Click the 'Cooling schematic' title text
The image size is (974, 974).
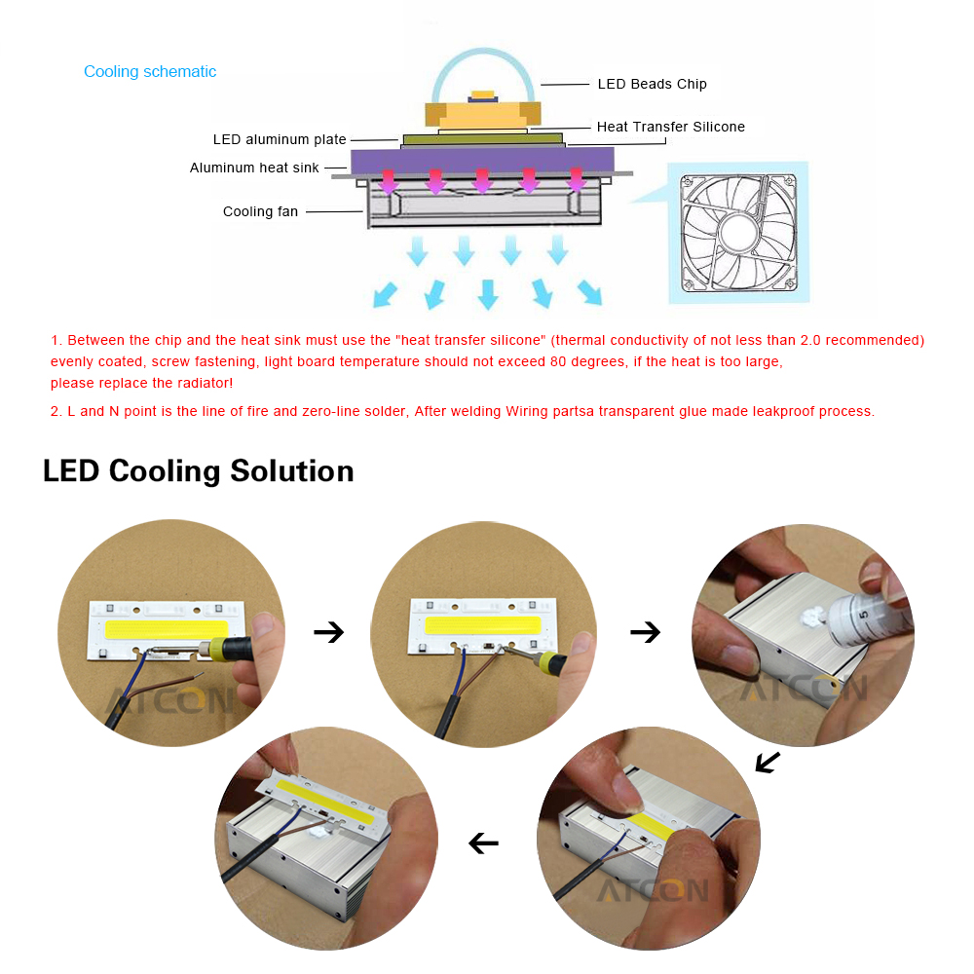[150, 72]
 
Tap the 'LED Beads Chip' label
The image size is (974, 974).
[652, 84]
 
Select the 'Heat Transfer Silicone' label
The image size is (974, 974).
[670, 127]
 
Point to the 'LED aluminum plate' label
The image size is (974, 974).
[280, 139]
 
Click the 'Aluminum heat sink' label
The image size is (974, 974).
[254, 168]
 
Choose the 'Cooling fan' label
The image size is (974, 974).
[260, 211]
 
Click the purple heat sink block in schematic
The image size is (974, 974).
[483, 160]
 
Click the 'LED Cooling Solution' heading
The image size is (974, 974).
[198, 470]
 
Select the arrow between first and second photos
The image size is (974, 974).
[328, 632]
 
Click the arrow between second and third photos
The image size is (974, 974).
[645, 632]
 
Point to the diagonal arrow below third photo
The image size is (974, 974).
[768, 762]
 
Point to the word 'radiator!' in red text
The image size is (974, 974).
[204, 383]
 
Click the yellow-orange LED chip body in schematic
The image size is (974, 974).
[482, 116]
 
